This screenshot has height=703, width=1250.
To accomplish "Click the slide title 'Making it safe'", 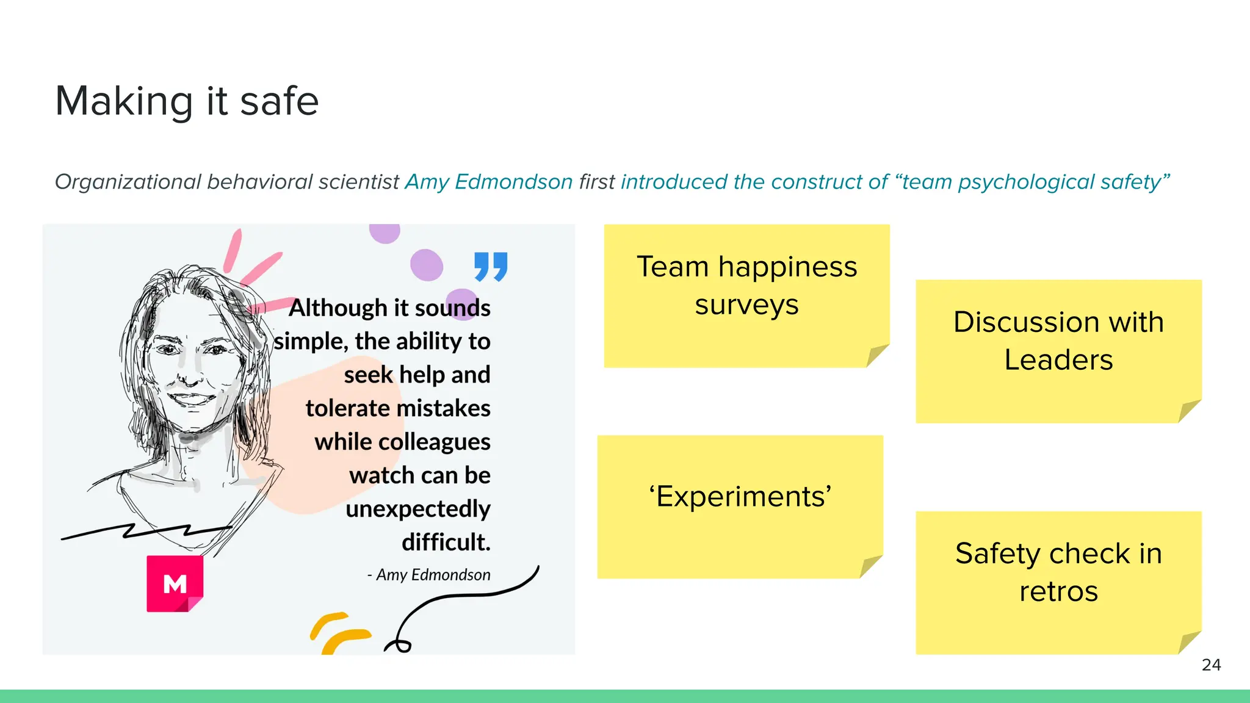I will pos(187,101).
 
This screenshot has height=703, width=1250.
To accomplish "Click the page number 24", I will pos(1211,665).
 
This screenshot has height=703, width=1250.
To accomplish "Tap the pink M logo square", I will pos(175,583).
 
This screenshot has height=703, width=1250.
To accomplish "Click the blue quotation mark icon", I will pos(491,267).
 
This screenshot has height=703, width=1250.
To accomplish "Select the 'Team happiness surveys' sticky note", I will pos(746,295).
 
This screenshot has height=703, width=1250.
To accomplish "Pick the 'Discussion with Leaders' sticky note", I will pos(1058,351).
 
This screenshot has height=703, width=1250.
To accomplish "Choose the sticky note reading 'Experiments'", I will pos(740,507).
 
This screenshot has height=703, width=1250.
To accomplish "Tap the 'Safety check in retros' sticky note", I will pos(1058,582).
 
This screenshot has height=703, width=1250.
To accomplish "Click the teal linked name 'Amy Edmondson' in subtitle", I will pos(488,182).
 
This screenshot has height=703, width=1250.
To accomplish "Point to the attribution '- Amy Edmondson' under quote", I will pos(429,575).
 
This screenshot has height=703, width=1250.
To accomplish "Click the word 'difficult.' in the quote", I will pos(446,542).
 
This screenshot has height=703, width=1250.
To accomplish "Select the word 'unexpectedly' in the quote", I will pos(417,509).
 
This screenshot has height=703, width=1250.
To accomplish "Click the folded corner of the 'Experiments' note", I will pos(870,566).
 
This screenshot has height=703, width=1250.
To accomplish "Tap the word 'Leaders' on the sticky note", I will pos(1058,360).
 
